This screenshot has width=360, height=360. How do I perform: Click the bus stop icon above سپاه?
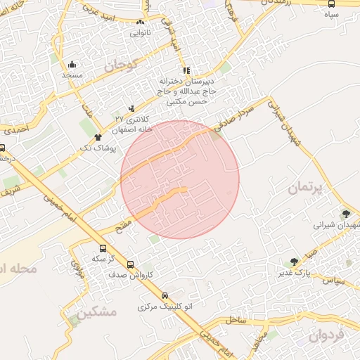331,4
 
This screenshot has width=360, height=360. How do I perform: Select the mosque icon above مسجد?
72,64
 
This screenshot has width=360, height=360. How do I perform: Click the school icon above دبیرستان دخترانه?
186,71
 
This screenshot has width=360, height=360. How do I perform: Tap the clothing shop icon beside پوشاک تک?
98,138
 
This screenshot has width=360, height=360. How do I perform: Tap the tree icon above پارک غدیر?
294,262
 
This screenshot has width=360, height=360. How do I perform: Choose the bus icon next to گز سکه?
103,248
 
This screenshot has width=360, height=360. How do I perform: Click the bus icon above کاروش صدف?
131,264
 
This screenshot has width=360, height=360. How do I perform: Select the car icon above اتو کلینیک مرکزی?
165,296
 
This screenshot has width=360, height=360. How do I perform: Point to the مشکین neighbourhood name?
94,311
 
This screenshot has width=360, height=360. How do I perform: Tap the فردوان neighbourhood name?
327,335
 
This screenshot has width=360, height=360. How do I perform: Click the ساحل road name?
237,319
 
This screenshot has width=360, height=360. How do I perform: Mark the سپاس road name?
332,280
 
